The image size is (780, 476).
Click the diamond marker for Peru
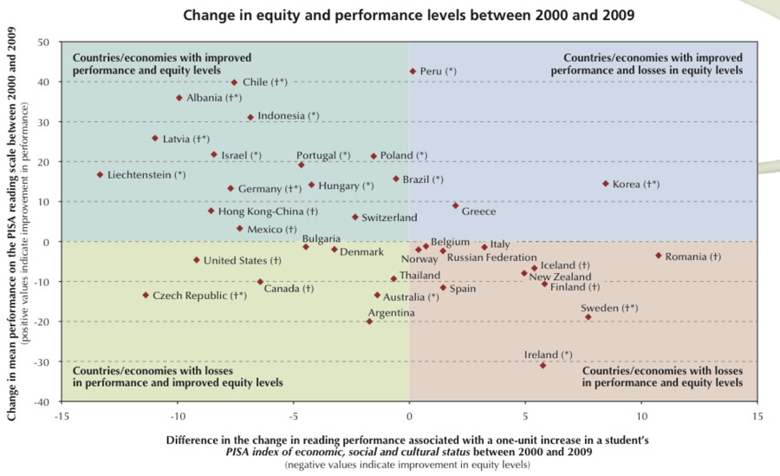pos(413,71)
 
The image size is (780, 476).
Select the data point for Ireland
pos(543,365)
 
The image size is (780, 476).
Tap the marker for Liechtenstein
pos(100,174)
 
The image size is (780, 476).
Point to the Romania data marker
pos(659,255)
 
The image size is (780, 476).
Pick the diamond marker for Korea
pos(606,183)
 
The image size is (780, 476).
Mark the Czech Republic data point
pos(146,295)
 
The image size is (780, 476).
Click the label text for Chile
pos(264,82)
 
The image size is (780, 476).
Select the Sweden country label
pos(609,308)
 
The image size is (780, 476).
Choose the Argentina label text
pos(391,312)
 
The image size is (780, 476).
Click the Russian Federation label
pos(491,258)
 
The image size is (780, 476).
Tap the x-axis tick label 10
pos(641,416)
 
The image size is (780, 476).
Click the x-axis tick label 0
pos(409,416)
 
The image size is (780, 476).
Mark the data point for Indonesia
pos(250,117)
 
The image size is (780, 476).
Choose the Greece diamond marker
pos(456,205)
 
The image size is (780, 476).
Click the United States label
pos(242,260)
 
